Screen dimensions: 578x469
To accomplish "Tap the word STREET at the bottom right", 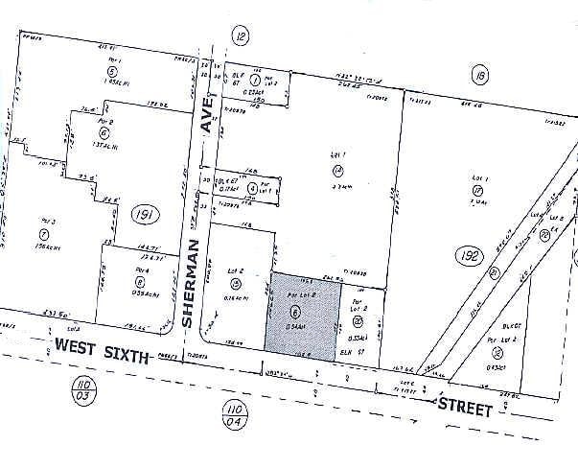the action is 466,408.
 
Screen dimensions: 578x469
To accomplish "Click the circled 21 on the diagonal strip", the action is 495,271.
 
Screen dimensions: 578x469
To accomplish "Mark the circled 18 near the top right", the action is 476,74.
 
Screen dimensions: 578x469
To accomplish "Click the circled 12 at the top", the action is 241,36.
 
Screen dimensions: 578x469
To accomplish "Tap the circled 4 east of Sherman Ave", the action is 251,189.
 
